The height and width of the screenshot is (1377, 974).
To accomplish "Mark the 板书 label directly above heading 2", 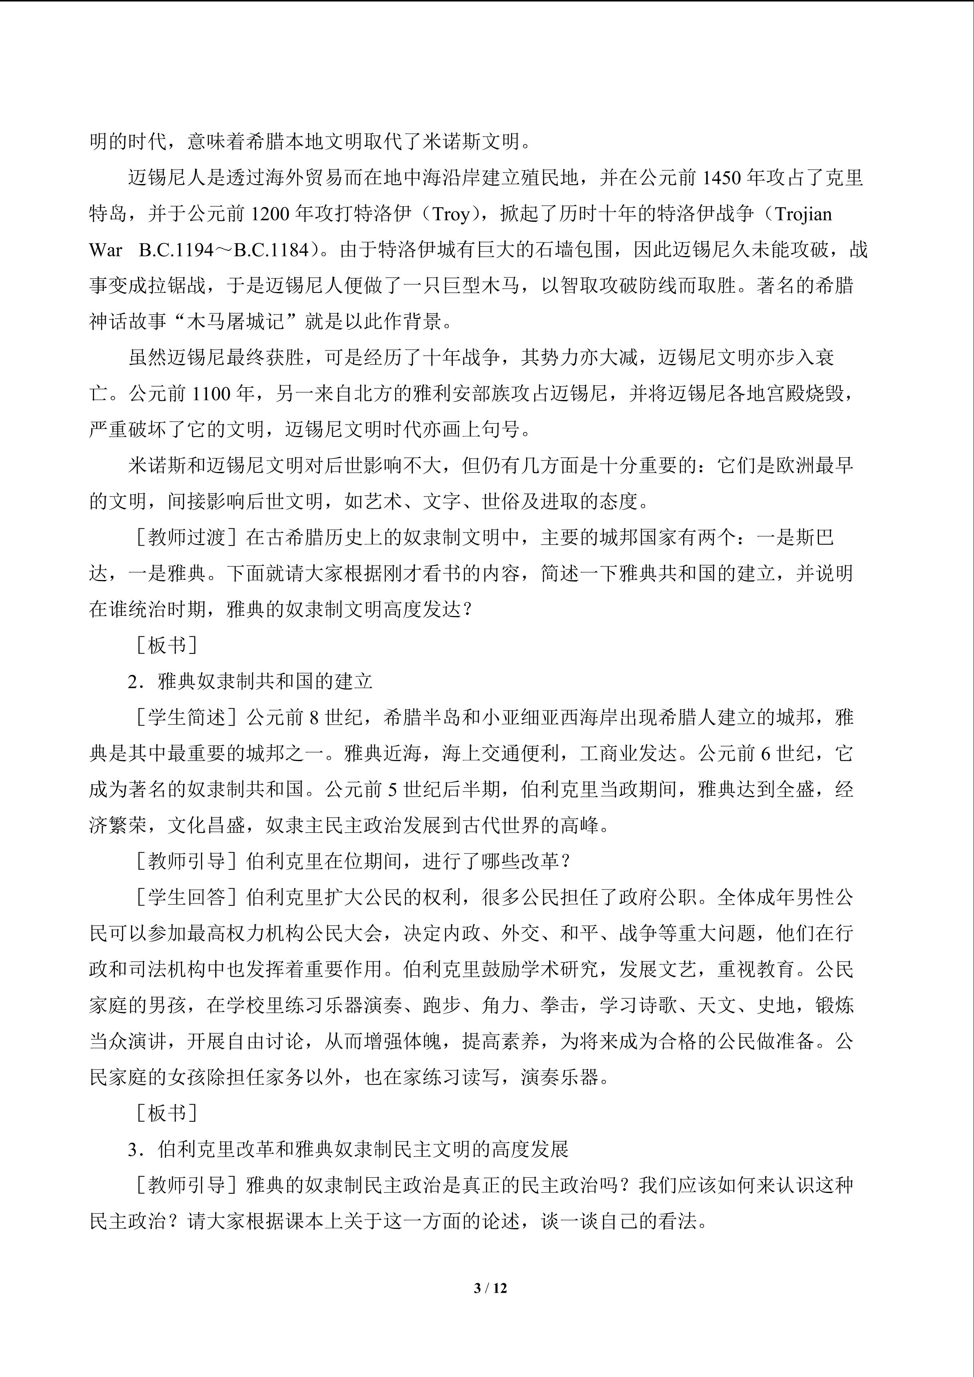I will tap(166, 645).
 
